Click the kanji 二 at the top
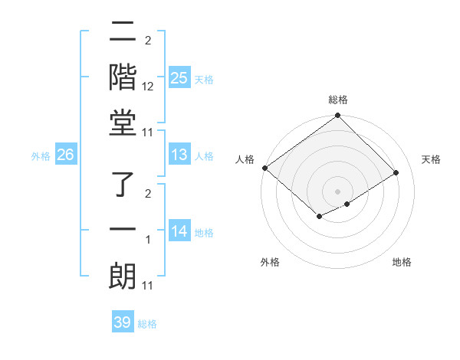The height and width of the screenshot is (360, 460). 123,33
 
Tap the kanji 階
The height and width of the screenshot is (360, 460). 123,77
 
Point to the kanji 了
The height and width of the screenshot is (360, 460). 123,185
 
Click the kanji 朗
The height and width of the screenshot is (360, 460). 123,275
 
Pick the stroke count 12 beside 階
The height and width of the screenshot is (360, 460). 148,87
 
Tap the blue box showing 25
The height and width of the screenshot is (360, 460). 179,78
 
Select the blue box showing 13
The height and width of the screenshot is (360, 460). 179,155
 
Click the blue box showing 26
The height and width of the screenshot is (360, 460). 65,155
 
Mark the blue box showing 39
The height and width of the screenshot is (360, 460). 122,322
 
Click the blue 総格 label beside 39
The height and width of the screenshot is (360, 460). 147,324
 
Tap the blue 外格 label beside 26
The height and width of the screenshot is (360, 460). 41,156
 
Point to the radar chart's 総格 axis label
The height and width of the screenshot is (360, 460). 337,100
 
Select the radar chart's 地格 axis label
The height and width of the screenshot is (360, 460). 402,262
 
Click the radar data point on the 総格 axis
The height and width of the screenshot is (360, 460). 337,116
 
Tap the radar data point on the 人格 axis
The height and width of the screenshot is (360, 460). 264,168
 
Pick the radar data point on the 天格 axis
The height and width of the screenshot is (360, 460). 396,172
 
